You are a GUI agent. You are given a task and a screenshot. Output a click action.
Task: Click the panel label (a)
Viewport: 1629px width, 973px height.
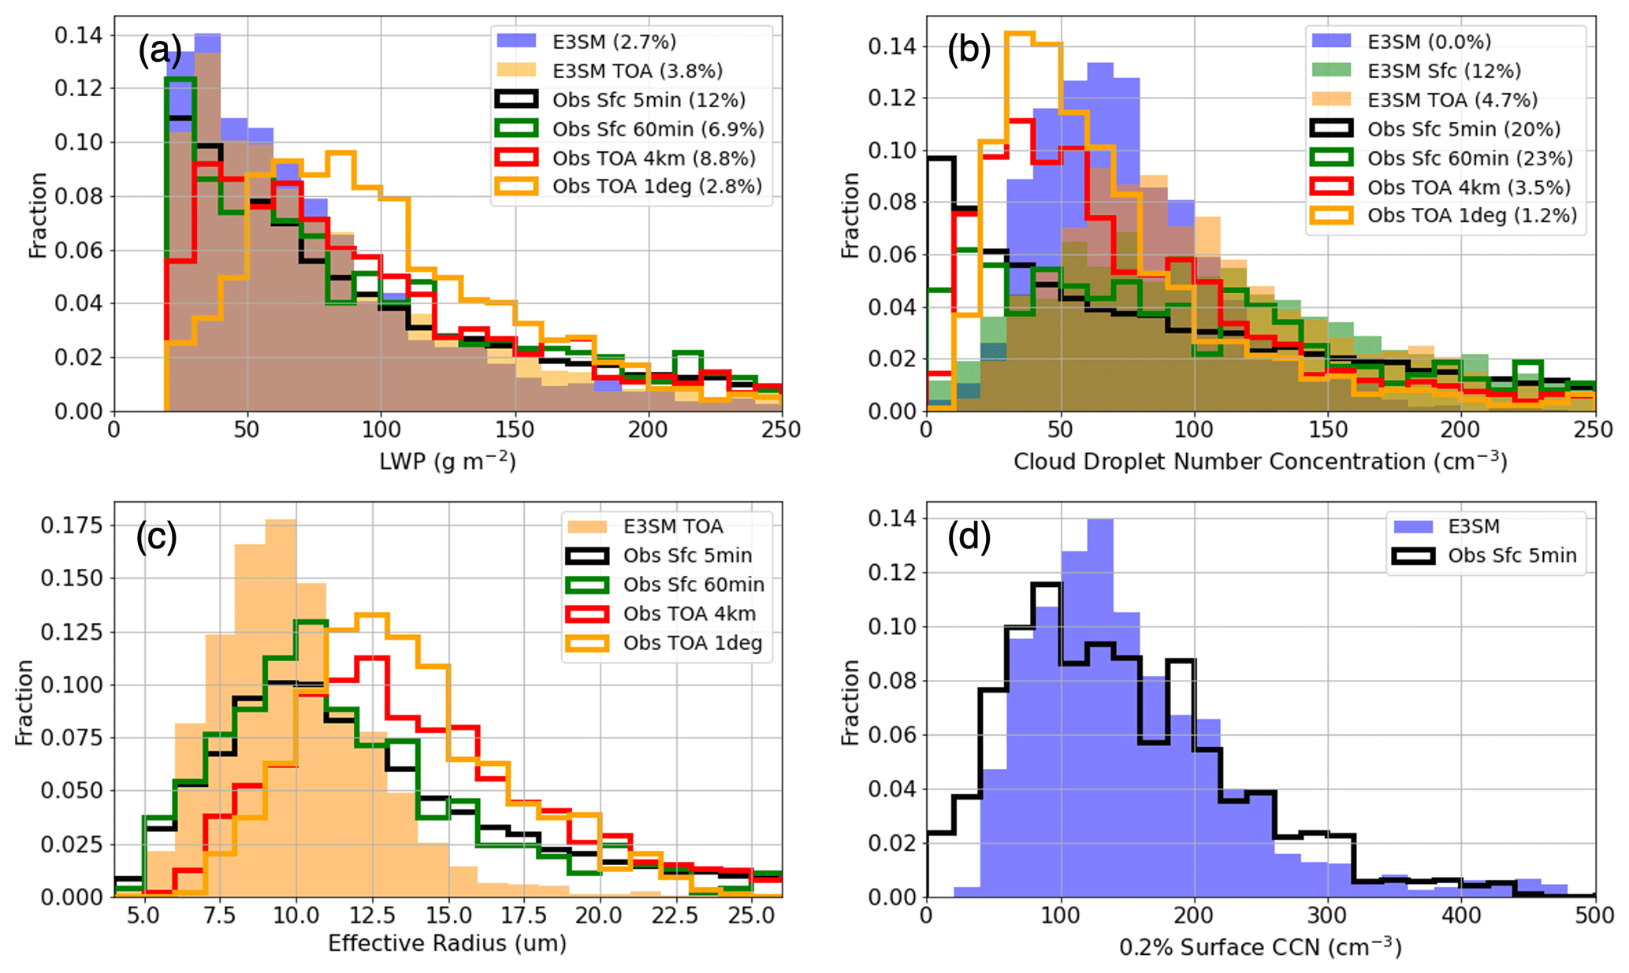click(160, 52)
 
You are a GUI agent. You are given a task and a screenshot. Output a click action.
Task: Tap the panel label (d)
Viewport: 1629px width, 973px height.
click(969, 537)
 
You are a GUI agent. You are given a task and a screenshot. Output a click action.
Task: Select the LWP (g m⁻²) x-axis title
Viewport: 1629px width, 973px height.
click(448, 460)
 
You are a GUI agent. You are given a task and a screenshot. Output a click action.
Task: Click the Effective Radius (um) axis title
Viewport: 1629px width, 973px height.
click(447, 943)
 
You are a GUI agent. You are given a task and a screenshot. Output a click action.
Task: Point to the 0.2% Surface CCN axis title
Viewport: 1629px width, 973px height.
click(1260, 946)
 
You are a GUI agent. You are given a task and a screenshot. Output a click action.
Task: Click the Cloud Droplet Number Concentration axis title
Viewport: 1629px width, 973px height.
click(1260, 461)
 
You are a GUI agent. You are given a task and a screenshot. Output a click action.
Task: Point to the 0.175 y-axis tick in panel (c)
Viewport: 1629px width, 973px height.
click(72, 525)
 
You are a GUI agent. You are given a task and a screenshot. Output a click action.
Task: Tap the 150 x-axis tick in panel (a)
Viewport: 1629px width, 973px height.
click(514, 430)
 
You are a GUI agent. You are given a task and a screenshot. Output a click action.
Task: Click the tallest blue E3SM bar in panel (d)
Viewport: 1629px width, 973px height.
click(1100, 709)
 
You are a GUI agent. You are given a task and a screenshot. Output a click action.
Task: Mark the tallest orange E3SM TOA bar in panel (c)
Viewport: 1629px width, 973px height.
click(281, 709)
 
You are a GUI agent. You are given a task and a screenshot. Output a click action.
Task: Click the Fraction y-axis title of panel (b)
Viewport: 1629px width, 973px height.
click(850, 215)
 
